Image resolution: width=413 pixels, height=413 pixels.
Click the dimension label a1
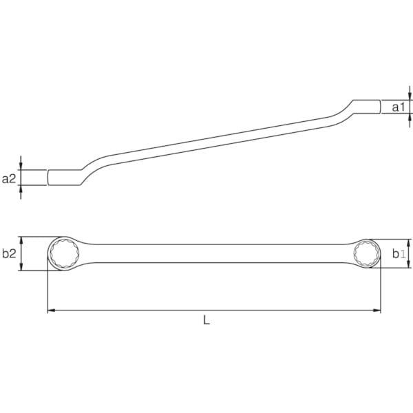399,107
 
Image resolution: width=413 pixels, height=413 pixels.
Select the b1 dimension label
399,254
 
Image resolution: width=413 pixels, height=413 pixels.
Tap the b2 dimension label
9,253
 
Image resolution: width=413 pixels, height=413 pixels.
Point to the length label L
206,321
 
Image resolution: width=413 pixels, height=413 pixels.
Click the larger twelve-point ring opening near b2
64,254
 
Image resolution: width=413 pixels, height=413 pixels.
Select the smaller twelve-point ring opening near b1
366,254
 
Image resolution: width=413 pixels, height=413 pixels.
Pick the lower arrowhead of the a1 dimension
410,116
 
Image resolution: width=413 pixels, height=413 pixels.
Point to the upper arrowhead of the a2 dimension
21,166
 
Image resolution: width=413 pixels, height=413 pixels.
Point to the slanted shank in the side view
206,141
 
